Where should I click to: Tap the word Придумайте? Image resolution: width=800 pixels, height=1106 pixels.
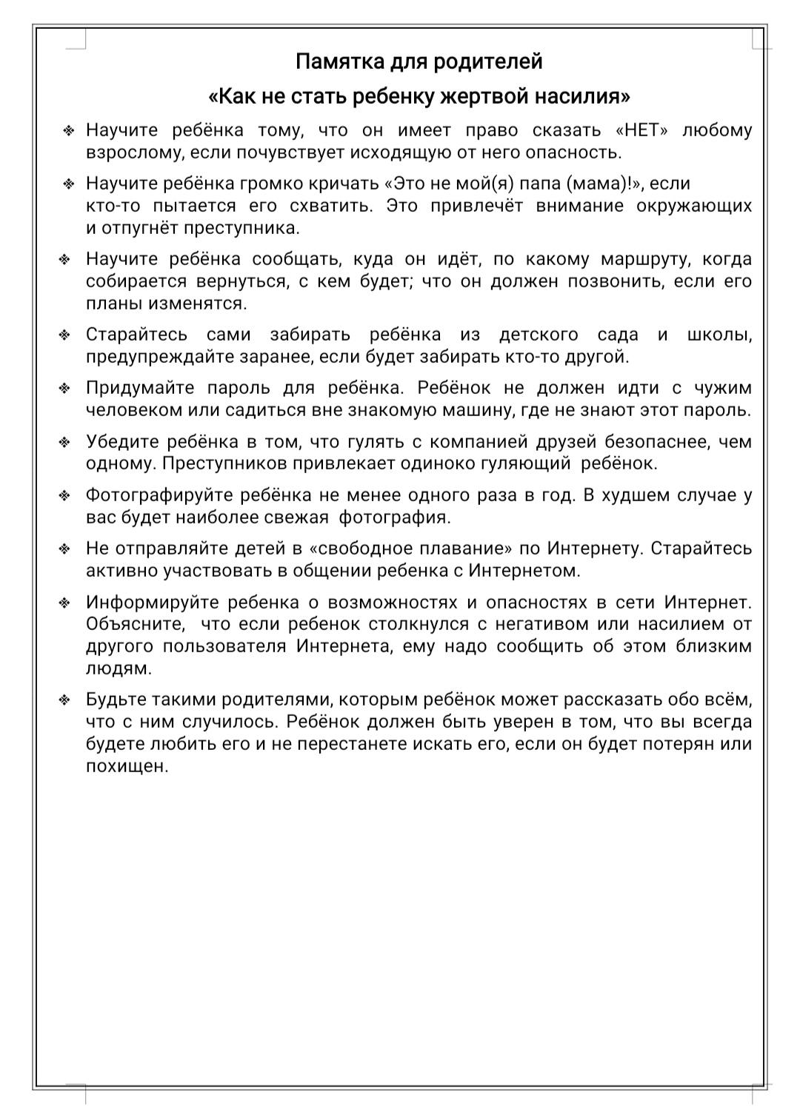[x=140, y=388]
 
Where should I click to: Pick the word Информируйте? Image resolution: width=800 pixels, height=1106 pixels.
[x=152, y=602]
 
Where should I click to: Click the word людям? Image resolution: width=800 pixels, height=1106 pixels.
[x=119, y=668]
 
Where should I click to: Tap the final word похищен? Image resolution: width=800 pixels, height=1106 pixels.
[x=127, y=766]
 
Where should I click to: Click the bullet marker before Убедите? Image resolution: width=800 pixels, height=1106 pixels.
[x=65, y=443]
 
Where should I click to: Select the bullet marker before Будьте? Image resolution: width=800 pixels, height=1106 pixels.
[x=65, y=700]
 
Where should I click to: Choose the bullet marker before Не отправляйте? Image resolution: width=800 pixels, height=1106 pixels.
[x=65, y=549]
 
